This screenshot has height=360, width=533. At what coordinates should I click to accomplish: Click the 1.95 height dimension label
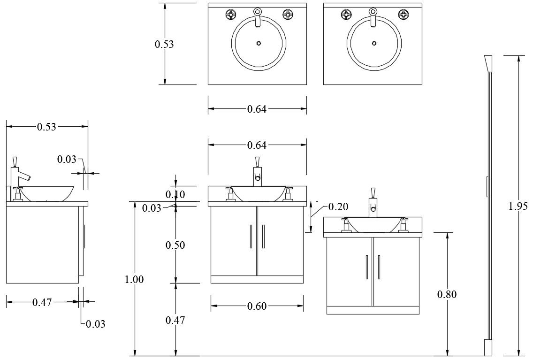click(x=518, y=206)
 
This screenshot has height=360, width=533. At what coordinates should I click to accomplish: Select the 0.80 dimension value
click(x=447, y=294)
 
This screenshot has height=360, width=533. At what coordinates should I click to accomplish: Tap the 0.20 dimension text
click(x=338, y=207)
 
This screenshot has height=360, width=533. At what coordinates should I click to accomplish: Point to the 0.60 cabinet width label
click(x=257, y=306)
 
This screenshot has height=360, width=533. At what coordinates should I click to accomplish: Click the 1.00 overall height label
click(x=134, y=279)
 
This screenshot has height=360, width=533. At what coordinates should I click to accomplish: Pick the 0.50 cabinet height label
click(x=175, y=245)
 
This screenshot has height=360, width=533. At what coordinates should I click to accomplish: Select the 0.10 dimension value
click(x=175, y=194)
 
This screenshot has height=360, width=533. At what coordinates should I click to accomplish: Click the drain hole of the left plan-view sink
click(x=258, y=43)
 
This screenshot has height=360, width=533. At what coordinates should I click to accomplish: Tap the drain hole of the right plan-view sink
click(x=373, y=43)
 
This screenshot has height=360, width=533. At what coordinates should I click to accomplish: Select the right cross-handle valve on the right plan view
click(x=403, y=15)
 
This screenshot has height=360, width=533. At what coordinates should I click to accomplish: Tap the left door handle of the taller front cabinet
click(x=251, y=236)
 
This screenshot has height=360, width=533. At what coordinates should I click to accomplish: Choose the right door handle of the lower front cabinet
click(x=379, y=267)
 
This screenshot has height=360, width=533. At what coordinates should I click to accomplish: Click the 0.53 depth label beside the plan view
click(x=164, y=44)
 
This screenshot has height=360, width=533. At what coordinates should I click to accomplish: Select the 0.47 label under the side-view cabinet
click(x=42, y=303)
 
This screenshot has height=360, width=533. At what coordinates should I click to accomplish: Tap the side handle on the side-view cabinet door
click(x=84, y=237)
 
